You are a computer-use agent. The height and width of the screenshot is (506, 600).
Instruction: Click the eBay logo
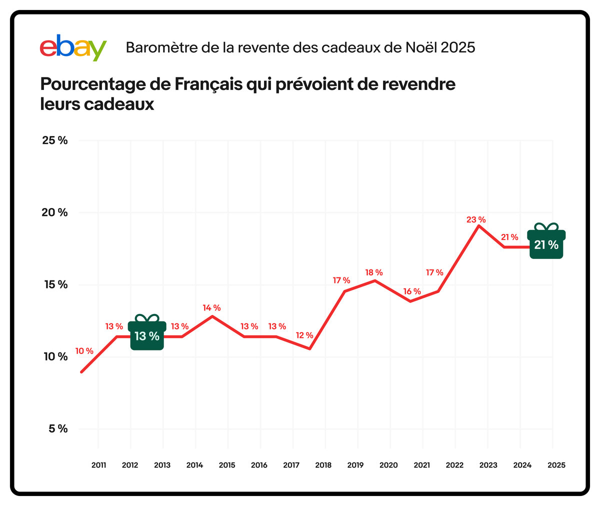point(73,48)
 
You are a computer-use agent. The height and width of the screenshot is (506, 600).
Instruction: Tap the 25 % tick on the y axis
point(54,140)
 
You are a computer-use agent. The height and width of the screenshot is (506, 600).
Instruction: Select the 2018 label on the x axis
point(323,465)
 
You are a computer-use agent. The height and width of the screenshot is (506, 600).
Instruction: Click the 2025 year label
point(556,465)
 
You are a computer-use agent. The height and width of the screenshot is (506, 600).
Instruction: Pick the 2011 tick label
point(98,465)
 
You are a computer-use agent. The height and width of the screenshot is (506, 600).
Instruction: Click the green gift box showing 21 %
point(546,242)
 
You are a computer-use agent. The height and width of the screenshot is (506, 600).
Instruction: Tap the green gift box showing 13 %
point(147,333)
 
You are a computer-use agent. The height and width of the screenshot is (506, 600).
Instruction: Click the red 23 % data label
point(476,219)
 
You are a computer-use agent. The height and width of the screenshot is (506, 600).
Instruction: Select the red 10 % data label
point(84,351)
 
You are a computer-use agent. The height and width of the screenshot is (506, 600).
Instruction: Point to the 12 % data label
point(304,335)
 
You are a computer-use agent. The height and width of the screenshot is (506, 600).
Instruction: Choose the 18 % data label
point(373,272)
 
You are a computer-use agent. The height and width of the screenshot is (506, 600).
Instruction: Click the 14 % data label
point(211,308)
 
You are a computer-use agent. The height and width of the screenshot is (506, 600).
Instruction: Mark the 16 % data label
point(412,291)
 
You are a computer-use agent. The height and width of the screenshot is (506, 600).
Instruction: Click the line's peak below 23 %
point(479,226)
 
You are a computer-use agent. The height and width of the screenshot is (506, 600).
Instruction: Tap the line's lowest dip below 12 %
point(310,348)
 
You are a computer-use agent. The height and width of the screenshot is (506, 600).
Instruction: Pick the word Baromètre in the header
point(155,47)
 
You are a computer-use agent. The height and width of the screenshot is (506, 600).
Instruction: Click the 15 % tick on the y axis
point(54,284)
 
